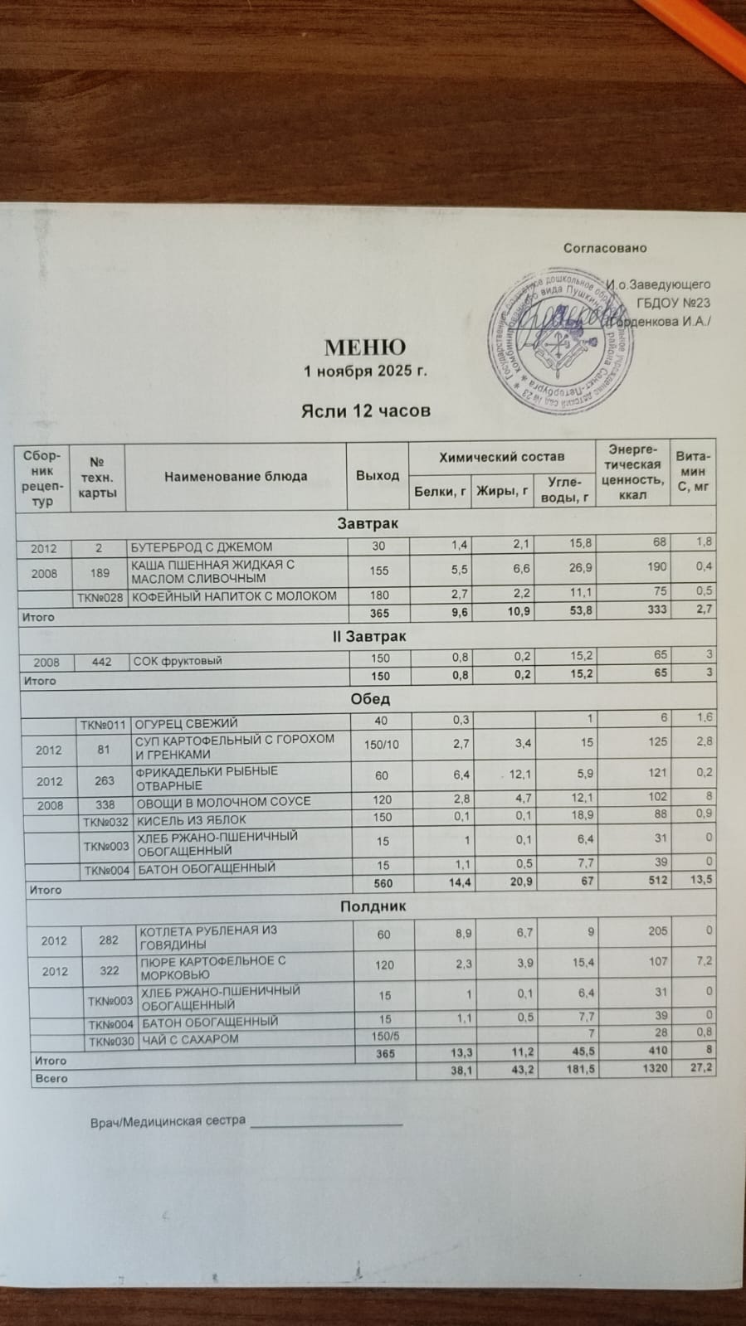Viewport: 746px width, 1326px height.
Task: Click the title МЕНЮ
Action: pyautogui.click(x=364, y=347)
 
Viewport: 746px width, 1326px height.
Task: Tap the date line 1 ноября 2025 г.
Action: pyautogui.click(x=365, y=371)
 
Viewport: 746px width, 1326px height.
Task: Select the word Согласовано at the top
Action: pyautogui.click(x=604, y=248)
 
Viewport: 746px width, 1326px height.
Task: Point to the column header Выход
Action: pyautogui.click(x=378, y=475)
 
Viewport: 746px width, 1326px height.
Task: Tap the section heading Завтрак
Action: pyautogui.click(x=367, y=524)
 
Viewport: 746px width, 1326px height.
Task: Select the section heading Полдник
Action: pyautogui.click(x=373, y=906)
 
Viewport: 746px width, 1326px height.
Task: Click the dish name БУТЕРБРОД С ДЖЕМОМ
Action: pyautogui.click(x=202, y=547)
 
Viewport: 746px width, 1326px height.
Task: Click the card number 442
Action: pyautogui.click(x=102, y=662)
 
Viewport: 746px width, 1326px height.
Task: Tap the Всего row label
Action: pyautogui.click(x=51, y=1079)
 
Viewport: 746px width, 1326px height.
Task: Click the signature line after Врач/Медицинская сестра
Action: pyautogui.click(x=325, y=1124)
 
